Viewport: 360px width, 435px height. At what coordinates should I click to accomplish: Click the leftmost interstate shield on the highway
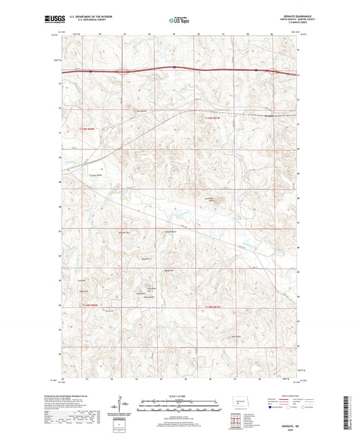(70, 69)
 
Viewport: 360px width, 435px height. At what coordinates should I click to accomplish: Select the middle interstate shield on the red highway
(174, 67)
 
